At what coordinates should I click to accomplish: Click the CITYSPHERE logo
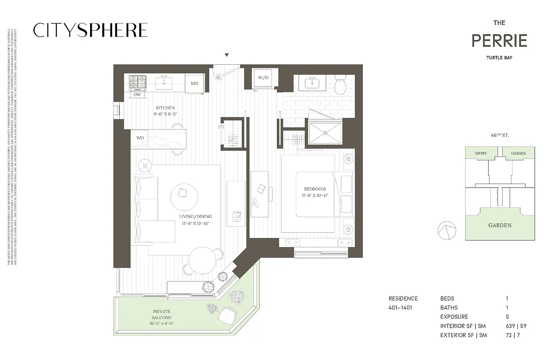pyautogui.click(x=91, y=30)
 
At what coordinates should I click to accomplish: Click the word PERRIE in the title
pyautogui.click(x=499, y=41)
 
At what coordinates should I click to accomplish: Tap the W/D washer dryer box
pyautogui.click(x=263, y=78)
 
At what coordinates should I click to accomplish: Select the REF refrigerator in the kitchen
pyautogui.click(x=195, y=84)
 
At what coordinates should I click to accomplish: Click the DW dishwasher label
pyautogui.click(x=137, y=95)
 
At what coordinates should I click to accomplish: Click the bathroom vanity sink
pyautogui.click(x=312, y=83)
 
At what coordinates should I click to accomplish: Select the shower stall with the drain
pyautogui.click(x=324, y=133)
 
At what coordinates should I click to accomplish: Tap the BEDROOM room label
pyautogui.click(x=315, y=189)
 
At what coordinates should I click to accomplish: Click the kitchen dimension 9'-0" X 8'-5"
pyautogui.click(x=165, y=114)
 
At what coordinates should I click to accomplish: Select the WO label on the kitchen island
pyautogui.click(x=140, y=138)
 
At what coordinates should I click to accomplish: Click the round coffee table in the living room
pyautogui.click(x=184, y=194)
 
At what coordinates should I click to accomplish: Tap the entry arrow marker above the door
pyautogui.click(x=227, y=55)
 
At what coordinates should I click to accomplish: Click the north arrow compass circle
pyautogui.click(x=444, y=230)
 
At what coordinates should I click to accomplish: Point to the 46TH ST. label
pyautogui.click(x=500, y=135)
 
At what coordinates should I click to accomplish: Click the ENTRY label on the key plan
pyautogui.click(x=480, y=153)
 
